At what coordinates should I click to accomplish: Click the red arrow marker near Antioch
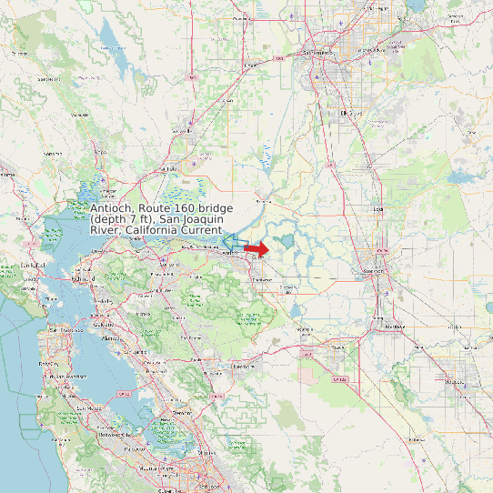pyautogui.click(x=257, y=248)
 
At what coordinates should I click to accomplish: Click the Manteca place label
pyautogui.click(x=394, y=325)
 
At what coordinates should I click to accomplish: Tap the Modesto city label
pyautogui.click(x=455, y=383)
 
